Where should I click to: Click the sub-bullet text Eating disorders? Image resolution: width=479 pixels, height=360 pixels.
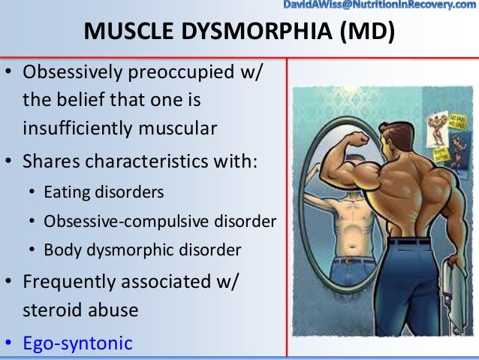point(103,192)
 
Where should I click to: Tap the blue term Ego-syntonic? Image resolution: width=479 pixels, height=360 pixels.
point(77,343)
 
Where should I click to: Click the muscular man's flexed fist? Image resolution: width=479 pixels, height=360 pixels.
point(360,140)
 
